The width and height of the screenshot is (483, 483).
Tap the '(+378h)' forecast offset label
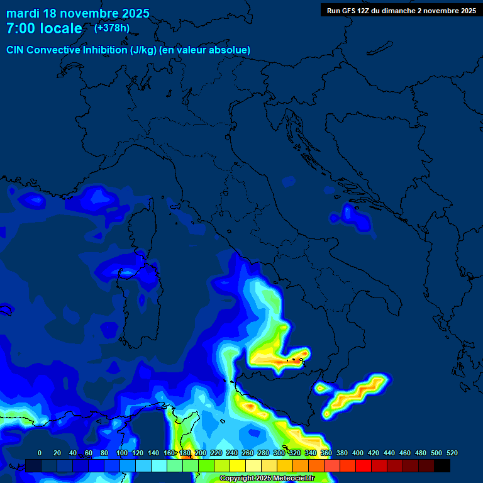point(111,28)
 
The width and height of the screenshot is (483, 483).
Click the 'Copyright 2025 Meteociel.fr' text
point(267,478)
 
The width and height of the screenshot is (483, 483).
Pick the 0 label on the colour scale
point(40,453)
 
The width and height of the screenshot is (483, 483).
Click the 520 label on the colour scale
point(452,453)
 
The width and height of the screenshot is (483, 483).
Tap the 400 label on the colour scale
point(357,453)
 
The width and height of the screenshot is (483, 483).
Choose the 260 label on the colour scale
point(247,453)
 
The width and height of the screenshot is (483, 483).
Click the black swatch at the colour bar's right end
point(442,465)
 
